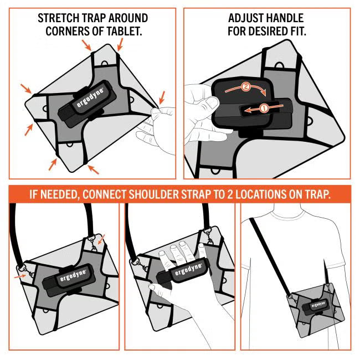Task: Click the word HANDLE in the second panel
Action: (290, 18)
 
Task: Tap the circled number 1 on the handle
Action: (264, 109)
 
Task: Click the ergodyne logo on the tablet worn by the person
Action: (317, 304)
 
